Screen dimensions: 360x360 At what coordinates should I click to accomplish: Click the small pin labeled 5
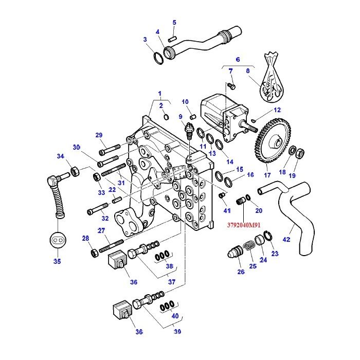pos(174,36)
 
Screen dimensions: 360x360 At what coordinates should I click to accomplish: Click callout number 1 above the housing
pos(160,94)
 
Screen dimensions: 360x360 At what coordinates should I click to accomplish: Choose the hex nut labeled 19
pos(303,153)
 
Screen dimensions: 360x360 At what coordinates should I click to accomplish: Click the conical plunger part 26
pos(235,254)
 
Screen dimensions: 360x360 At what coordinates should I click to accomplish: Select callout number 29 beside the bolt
pos(99,135)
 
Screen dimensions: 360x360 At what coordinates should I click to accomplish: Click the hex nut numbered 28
pos(94,253)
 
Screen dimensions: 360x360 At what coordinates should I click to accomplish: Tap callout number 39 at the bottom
pos(177,332)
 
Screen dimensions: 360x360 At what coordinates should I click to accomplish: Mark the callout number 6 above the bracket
pos(238,59)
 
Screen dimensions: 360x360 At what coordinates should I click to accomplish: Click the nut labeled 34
pos(73,171)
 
